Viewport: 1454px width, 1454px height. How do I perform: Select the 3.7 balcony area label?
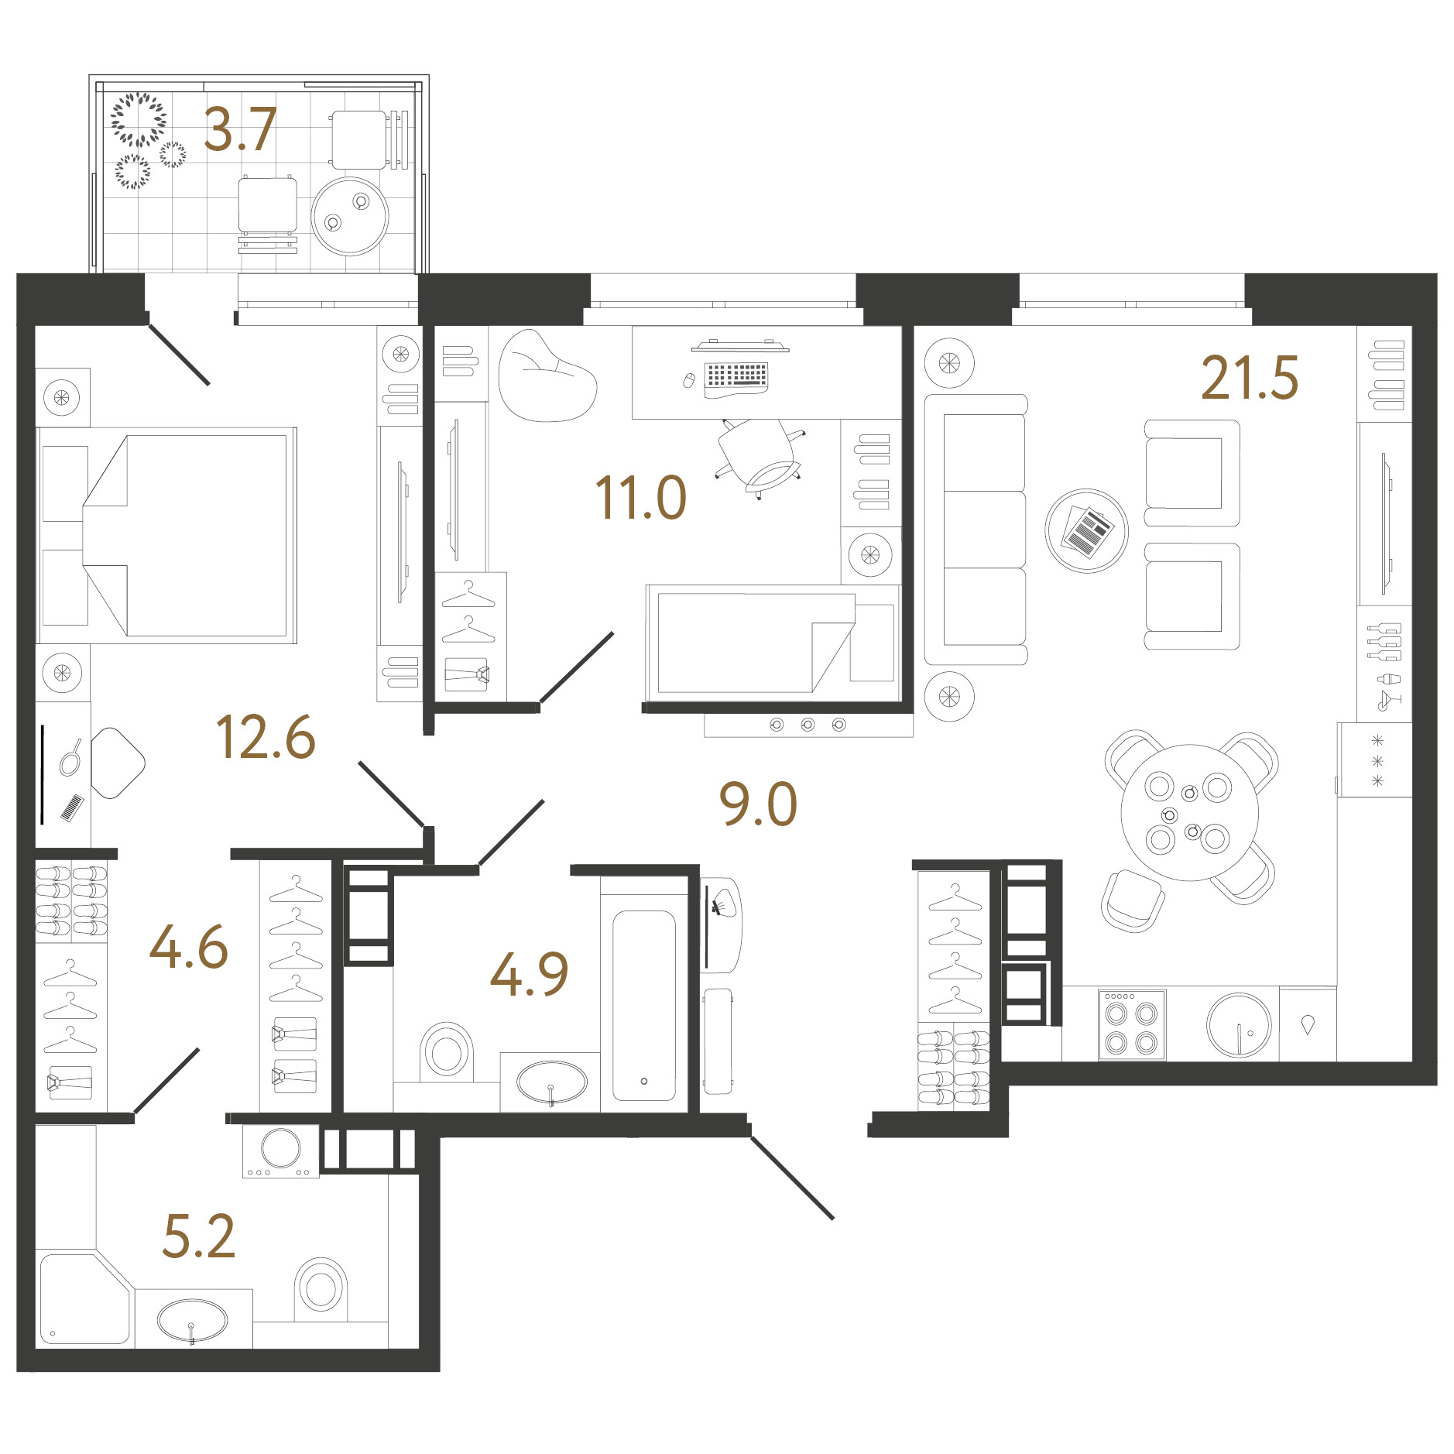point(240,129)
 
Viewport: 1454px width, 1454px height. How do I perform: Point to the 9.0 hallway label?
point(758,804)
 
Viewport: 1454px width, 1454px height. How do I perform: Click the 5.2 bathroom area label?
point(198,1236)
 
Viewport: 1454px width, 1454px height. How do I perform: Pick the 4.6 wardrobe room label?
point(189,947)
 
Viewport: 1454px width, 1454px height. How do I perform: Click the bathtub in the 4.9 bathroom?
point(644,1004)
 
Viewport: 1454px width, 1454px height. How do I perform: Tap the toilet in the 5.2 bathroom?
point(321,1288)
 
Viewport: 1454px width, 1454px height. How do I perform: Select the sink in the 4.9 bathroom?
point(551,1082)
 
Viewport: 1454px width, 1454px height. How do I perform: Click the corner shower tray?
point(84,1298)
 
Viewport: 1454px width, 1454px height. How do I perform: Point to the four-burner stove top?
point(1132,1024)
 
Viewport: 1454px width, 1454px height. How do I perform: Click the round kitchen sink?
point(1239,1025)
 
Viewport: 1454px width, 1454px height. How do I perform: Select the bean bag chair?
point(547,376)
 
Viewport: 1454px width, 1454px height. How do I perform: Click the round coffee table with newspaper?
point(1086,531)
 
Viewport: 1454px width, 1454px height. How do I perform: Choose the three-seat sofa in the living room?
point(976,530)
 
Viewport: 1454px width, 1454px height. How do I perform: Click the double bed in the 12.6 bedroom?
point(166,535)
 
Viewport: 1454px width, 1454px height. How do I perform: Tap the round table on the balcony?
point(350,216)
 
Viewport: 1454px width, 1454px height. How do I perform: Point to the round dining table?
point(1190,812)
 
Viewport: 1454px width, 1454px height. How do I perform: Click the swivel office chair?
point(759,458)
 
